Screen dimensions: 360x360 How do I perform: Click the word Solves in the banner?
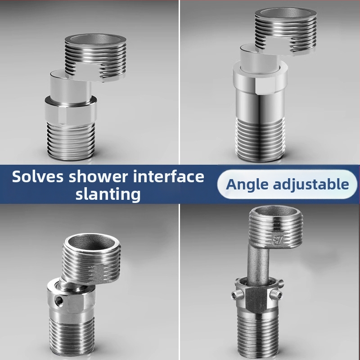pos(38,176)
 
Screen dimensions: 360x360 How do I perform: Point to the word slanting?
pos(108,194)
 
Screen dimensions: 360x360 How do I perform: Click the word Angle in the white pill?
pos(247,185)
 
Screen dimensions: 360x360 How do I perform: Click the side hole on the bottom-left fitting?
pos(59,300)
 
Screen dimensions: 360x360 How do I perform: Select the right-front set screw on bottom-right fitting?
pos(276,293)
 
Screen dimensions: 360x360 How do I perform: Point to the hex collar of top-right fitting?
pos(260,78)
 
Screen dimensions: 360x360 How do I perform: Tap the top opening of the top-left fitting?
pos(95,40)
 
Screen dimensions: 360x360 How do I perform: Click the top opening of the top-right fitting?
pos(286,13)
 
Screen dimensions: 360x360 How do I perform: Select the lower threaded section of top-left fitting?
pos(71,141)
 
